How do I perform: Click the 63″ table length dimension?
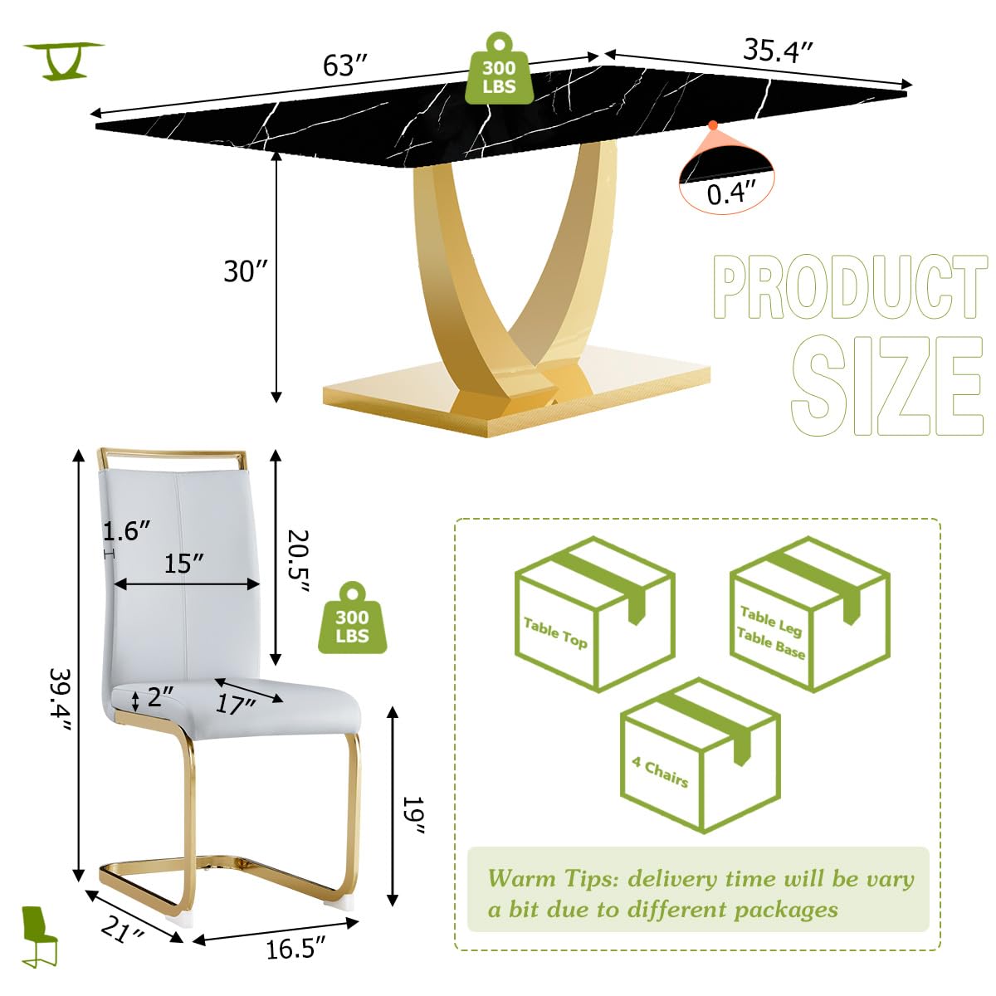click(345, 65)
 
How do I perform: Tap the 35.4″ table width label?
click(777, 51)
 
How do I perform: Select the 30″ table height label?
click(246, 271)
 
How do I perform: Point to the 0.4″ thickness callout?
click(731, 193)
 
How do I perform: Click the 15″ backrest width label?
click(183, 564)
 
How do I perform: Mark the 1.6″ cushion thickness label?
click(127, 531)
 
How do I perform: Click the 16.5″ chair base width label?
click(295, 948)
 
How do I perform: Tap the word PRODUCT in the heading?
click(849, 287)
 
